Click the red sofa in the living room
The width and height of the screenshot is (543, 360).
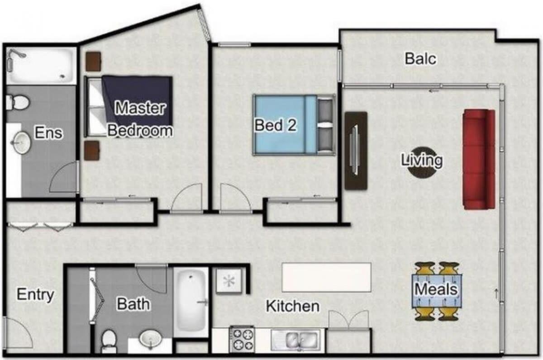[x=479, y=159]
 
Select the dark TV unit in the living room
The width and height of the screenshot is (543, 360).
[x=356, y=151]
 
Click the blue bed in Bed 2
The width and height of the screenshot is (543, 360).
[x=294, y=125]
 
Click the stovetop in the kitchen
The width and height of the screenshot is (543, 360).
[x=242, y=340]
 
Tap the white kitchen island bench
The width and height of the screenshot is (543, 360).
[x=327, y=277]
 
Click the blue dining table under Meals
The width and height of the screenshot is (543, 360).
[x=437, y=291]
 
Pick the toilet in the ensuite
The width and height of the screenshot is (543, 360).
[x=17, y=103]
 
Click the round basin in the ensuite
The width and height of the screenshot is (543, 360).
[x=21, y=142]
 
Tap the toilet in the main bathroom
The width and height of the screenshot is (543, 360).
[x=108, y=341]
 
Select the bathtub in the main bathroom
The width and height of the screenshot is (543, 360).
[x=191, y=301]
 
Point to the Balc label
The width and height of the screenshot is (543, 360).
[x=420, y=59]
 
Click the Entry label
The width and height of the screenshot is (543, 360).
[x=35, y=295]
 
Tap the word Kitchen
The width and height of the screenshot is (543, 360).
[x=293, y=306]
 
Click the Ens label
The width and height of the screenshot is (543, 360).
[x=48, y=133]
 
